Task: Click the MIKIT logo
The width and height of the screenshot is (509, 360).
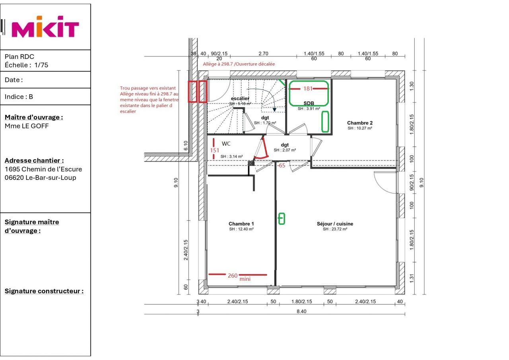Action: pos(45,27)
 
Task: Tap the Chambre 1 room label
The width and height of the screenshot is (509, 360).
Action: pos(241,224)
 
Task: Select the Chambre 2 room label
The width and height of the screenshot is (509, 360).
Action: pos(360,123)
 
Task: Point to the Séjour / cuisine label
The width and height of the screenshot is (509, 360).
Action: pos(335,224)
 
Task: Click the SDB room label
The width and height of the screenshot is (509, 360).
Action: pos(309,103)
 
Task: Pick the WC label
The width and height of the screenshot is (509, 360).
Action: pos(226,144)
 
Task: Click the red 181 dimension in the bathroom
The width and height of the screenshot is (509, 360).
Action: pos(308,89)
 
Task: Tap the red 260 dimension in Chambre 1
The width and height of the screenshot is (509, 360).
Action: pos(233,276)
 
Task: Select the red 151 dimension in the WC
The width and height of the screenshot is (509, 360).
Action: pos(214,150)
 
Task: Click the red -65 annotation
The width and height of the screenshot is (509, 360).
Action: pos(281,165)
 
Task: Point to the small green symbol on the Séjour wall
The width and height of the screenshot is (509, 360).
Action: pos(282,219)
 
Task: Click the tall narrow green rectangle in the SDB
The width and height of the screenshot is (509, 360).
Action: pos(325,122)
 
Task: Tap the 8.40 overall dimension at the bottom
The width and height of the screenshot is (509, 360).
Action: pos(301,311)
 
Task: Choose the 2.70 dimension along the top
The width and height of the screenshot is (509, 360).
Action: pos(263,54)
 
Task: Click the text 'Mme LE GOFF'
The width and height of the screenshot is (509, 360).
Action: pos(27,126)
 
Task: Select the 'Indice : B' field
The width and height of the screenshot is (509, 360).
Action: pos(19,97)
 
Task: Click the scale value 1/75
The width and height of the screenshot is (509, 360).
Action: pos(41,65)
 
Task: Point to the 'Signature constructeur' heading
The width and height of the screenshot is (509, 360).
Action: pos(44,291)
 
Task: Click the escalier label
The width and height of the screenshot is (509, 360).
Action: pos(240,98)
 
